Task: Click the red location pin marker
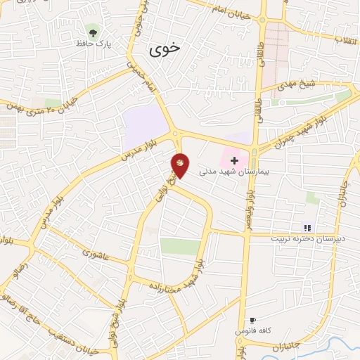pyautogui.click(x=180, y=165)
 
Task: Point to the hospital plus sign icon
pyautogui.click(x=234, y=161)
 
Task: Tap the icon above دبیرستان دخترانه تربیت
pyautogui.click(x=307, y=227)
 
